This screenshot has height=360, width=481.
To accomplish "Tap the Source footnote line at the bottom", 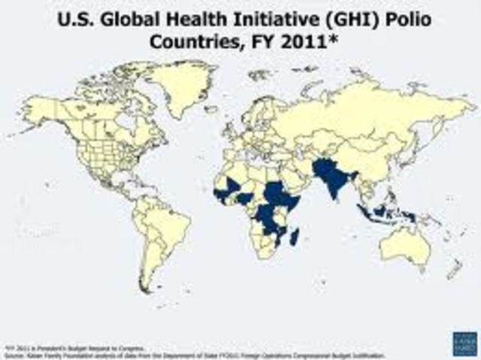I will [x=195, y=354].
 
